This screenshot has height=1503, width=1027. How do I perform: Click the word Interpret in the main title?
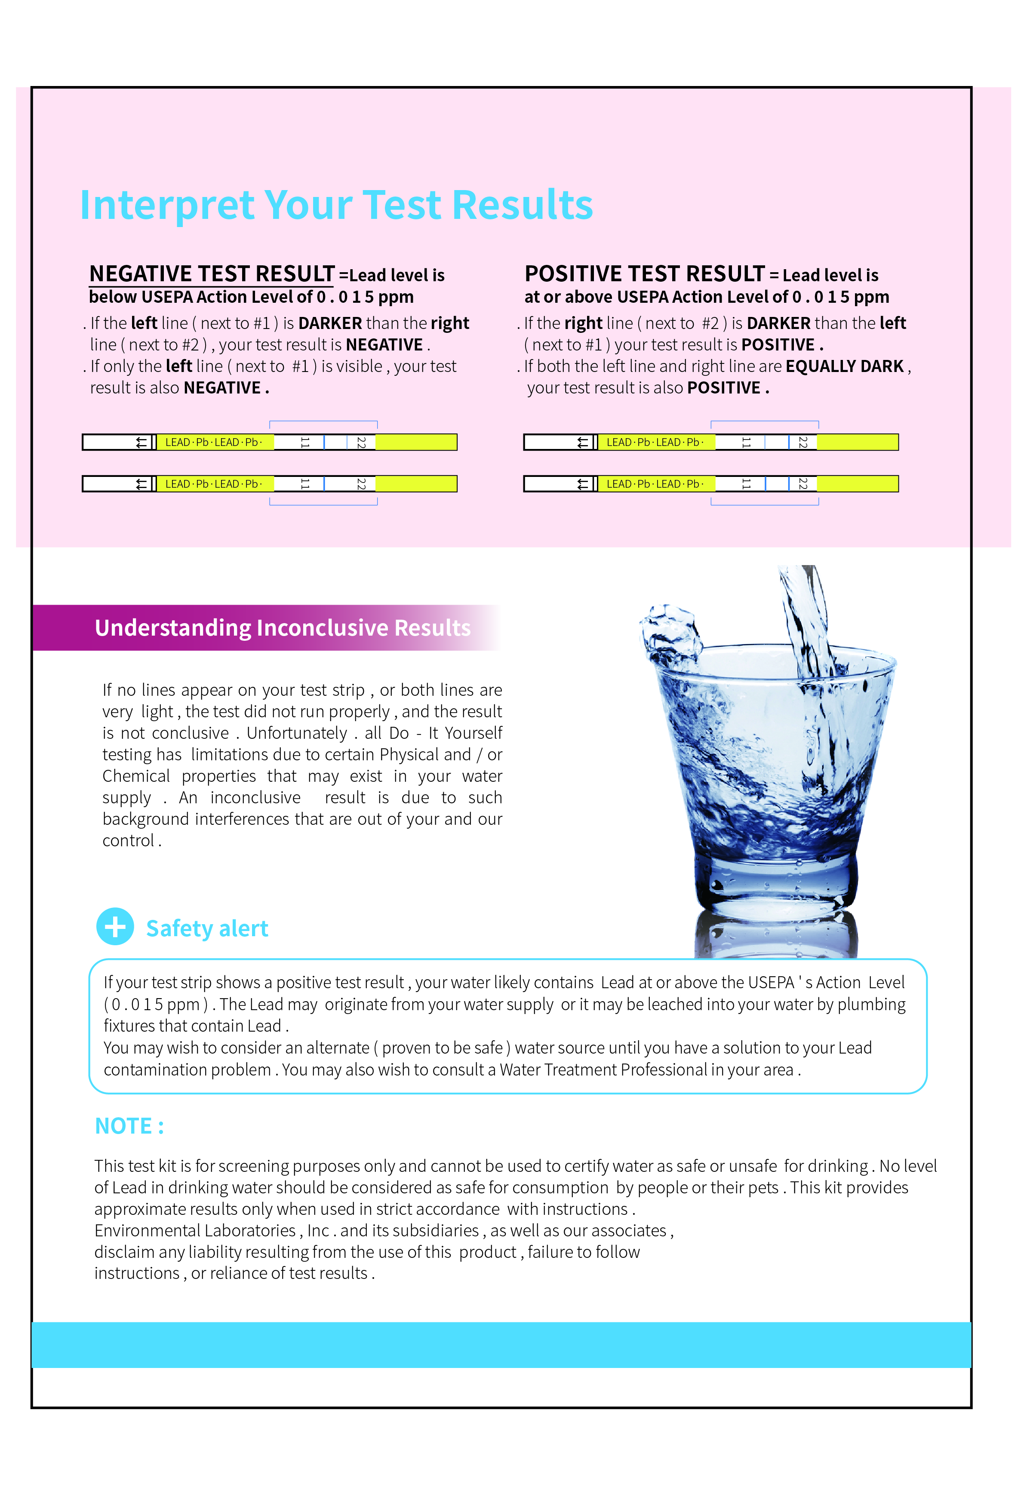(167, 205)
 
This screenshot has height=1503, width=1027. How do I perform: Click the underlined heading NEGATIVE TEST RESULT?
(212, 274)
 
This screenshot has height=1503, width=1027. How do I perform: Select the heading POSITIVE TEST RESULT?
(644, 274)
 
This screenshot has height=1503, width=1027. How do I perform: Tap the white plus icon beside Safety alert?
(115, 927)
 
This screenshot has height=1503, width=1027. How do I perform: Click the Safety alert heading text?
(207, 929)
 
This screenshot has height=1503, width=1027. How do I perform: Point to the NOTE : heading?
(129, 1126)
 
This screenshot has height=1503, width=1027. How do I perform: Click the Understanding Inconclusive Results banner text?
(283, 628)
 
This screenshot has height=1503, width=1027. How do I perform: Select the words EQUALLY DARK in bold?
(844, 367)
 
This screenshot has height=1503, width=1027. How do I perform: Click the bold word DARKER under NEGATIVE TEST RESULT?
(330, 323)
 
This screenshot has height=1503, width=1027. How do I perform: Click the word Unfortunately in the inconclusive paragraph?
(297, 733)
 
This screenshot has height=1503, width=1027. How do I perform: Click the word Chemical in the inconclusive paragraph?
(136, 776)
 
